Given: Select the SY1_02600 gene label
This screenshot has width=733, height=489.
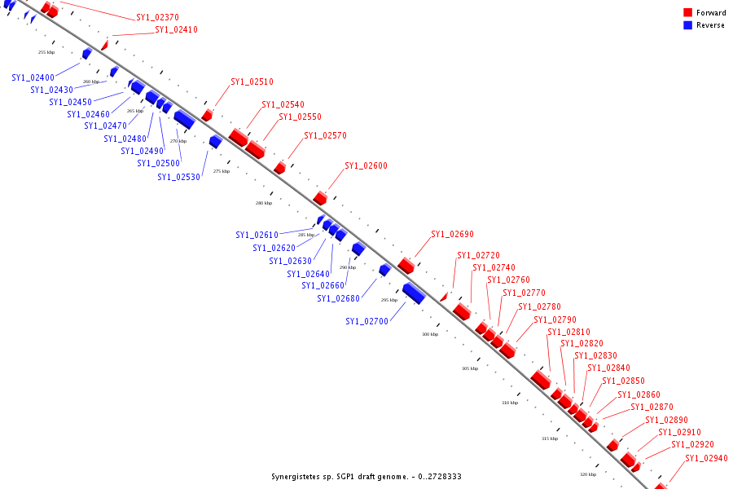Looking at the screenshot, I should [366, 165].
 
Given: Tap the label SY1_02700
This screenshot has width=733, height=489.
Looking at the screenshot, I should [366, 321].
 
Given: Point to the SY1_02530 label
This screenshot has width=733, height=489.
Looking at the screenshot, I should [178, 177].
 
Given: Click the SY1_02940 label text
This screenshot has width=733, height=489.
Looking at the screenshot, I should [706, 458].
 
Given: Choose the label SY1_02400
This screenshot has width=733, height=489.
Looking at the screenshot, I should [33, 77].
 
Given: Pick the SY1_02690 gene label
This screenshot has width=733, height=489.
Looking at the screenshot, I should [452, 235].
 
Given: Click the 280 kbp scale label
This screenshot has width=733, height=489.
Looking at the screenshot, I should [264, 203].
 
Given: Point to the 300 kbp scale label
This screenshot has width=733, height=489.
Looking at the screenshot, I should [430, 334].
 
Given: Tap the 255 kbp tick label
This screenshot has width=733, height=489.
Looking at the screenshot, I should [46, 52].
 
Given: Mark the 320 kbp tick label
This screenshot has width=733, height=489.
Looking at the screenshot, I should [587, 474].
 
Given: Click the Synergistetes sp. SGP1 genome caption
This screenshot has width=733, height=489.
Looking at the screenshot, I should [366, 476].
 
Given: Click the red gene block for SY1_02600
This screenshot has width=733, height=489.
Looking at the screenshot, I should [320, 198].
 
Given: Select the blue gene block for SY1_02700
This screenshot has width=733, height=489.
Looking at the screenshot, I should [414, 293].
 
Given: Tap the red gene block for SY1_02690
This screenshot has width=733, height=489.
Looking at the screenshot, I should [406, 266].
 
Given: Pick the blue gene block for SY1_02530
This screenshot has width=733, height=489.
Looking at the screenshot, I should [215, 142].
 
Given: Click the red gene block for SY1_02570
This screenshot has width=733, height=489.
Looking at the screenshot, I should [279, 168].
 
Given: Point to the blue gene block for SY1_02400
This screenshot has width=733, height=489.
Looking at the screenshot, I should [86, 54].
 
